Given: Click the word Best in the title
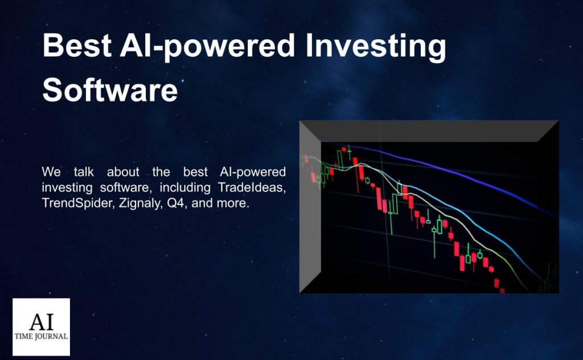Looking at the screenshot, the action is pyautogui.click(x=77, y=46).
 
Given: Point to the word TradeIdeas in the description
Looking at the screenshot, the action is pyautogui.click(x=252, y=187).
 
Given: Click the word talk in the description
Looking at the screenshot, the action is pyautogui.click(x=84, y=172).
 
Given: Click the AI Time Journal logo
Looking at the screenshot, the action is pyautogui.click(x=41, y=327).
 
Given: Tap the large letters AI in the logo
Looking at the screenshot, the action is pyautogui.click(x=41, y=322).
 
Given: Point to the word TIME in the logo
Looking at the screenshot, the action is pyautogui.click(x=23, y=337).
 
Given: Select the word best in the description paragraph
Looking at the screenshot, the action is pyautogui.click(x=195, y=172).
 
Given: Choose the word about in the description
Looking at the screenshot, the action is pyautogui.click(x=123, y=172).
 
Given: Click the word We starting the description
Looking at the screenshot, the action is pyautogui.click(x=51, y=172).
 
